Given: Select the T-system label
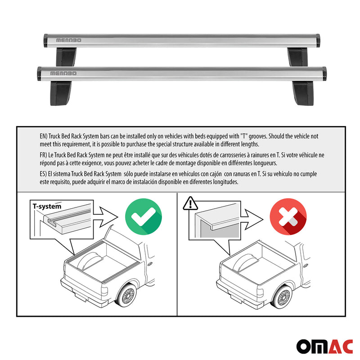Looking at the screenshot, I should click(47, 206).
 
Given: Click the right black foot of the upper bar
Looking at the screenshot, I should click(297, 57).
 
